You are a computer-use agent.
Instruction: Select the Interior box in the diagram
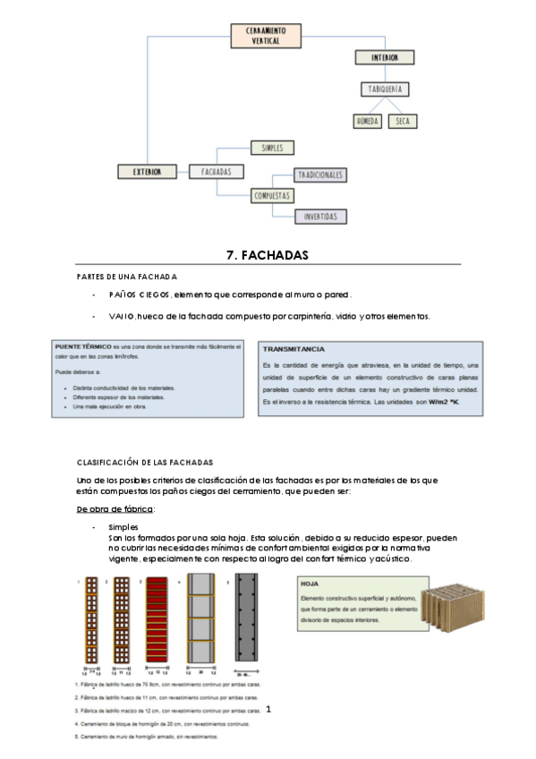click(x=384, y=58)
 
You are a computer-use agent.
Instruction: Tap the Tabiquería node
click(x=386, y=89)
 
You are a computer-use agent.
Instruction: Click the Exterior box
click(x=146, y=170)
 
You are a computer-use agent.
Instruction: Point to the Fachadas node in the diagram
click(x=217, y=170)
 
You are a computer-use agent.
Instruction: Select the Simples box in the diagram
click(x=271, y=147)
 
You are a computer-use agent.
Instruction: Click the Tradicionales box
click(x=320, y=175)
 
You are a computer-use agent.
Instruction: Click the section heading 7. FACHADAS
click(x=268, y=255)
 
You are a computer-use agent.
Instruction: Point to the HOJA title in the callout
click(x=310, y=583)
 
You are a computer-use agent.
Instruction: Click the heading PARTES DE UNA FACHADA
click(x=127, y=277)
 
